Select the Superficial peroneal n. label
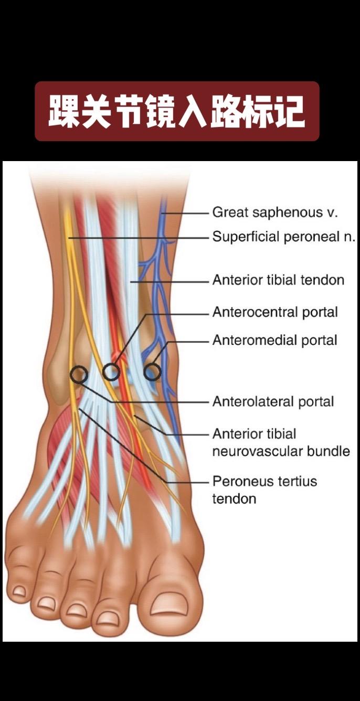pos(284,237)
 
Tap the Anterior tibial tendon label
pos(278,280)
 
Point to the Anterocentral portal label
pos(275,312)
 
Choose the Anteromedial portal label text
pos(274,341)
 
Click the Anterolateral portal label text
pos(273,402)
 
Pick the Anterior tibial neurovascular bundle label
pos(281,442)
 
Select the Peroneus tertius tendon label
pos(264,490)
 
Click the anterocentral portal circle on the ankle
pos(111,372)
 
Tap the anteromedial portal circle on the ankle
pos(152,371)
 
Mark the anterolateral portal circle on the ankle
pos(79,374)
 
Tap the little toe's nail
pos(19,591)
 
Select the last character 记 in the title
pos(289,111)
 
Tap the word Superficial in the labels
pos(246,237)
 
